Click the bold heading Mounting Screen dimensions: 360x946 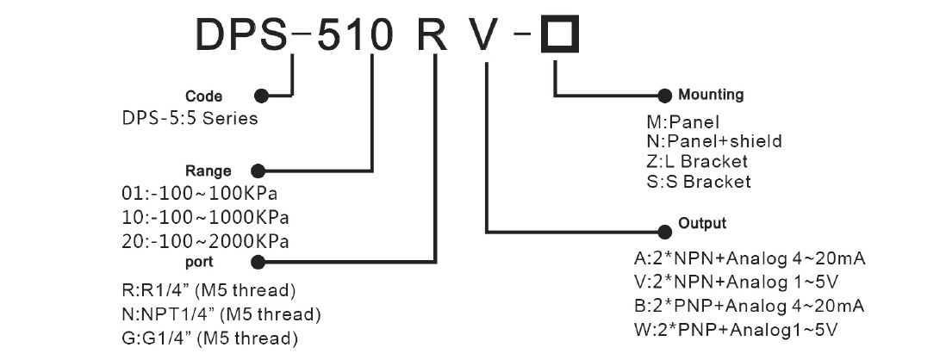tap(711, 95)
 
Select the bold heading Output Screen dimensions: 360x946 tap(703, 223)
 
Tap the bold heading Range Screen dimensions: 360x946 tap(208, 170)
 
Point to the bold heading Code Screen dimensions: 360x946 tap(204, 96)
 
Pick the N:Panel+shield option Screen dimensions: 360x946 tap(707, 141)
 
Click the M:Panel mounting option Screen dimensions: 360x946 tap(676, 121)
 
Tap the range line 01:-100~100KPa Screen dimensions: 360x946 tap(201, 189)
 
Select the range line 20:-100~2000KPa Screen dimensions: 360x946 tap(205, 239)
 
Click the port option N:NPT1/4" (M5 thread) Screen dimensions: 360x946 tap(222, 312)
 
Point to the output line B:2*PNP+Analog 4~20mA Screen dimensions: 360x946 tap(749, 306)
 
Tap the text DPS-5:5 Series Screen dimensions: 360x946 tap(190, 119)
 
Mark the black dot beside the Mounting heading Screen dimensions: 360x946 tap(664, 95)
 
